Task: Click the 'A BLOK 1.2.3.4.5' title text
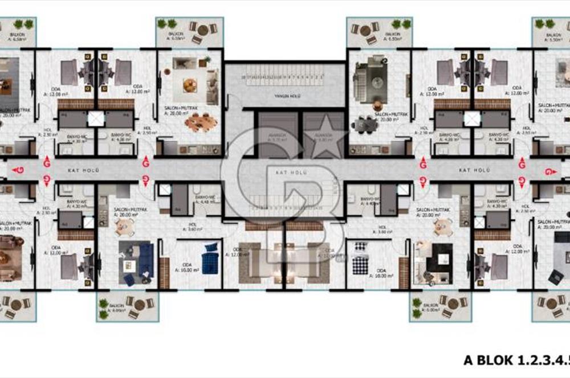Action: [516, 360]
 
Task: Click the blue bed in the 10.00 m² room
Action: [210, 258]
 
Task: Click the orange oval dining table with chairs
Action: [201, 121]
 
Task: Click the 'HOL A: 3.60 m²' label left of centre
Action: [194, 227]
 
